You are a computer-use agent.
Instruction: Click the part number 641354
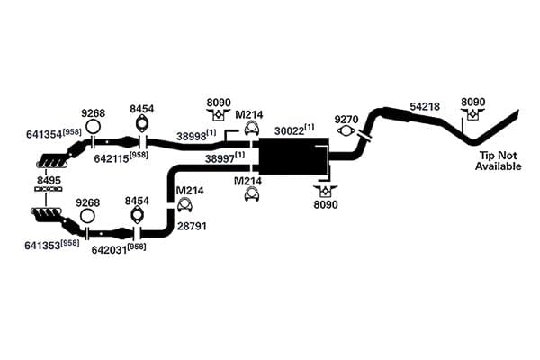[x=44, y=134]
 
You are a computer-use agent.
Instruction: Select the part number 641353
[x=42, y=246]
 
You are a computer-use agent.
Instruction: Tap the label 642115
[x=112, y=158]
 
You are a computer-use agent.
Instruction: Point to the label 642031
[x=110, y=250]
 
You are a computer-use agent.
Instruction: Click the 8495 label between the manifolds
[x=49, y=180]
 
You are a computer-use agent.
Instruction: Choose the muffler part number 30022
[x=289, y=131]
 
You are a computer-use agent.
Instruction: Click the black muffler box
[x=293, y=156]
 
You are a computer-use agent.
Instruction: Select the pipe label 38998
[x=192, y=137]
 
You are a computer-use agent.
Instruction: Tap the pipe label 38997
[x=220, y=158]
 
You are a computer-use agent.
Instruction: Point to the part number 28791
[x=192, y=226]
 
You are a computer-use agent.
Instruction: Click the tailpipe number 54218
[x=425, y=107]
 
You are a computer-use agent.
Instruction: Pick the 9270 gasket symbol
[x=346, y=130]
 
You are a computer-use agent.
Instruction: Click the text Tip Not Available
[x=499, y=161]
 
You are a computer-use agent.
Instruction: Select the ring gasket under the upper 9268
[x=93, y=127]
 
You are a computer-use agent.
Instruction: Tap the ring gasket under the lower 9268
[x=87, y=216]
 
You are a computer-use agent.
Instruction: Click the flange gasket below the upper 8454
[x=141, y=123]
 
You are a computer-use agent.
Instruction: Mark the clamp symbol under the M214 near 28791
[x=184, y=205]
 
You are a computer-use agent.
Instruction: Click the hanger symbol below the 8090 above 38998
[x=218, y=114]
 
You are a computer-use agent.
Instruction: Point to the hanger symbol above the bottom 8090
[x=326, y=191]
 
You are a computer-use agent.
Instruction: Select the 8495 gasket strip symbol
[x=49, y=189]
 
